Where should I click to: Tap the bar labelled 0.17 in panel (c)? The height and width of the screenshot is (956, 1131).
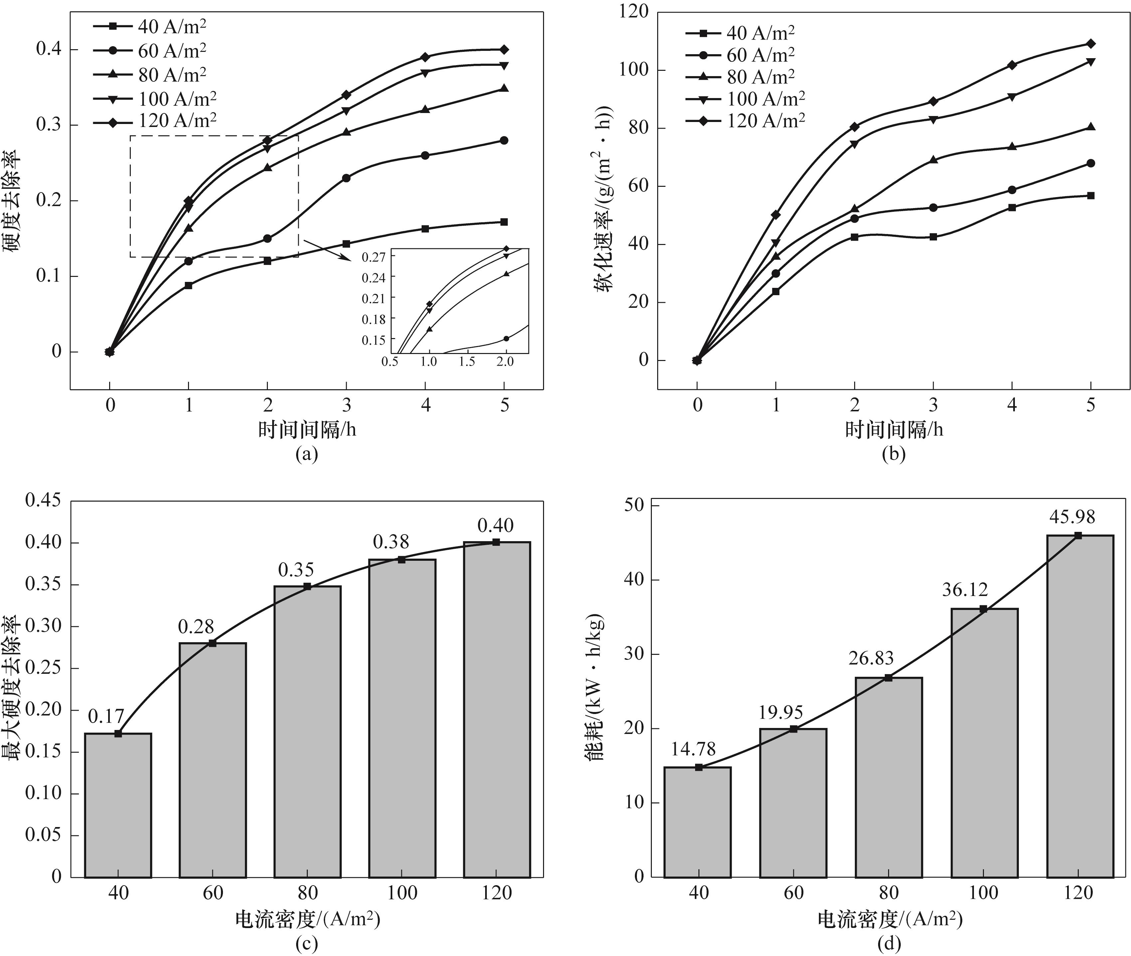point(118,805)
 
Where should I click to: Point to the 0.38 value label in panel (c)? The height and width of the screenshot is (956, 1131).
point(391,542)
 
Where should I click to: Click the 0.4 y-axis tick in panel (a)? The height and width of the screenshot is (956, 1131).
point(49,49)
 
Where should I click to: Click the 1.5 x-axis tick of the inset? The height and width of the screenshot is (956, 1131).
point(467,361)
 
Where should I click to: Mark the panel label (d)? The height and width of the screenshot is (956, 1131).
point(888,945)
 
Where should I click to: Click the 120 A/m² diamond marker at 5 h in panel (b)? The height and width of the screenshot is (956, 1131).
point(1091,43)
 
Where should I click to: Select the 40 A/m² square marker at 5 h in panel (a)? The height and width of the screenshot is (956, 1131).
point(504,222)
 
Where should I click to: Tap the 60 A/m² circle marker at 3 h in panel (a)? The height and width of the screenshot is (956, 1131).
point(346,178)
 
